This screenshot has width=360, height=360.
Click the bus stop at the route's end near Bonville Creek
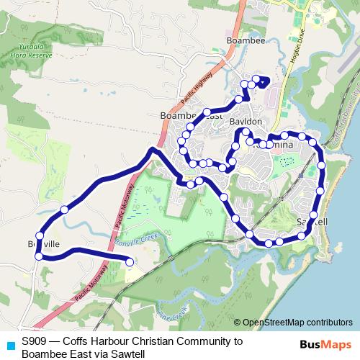(x=130, y=262)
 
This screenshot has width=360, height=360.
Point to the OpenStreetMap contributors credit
(x=297, y=323)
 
